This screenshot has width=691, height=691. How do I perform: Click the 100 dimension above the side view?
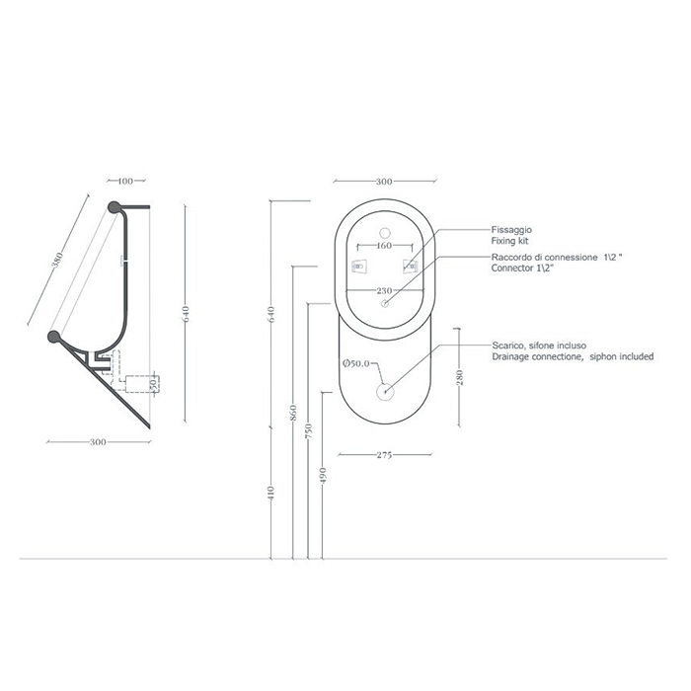[124, 182]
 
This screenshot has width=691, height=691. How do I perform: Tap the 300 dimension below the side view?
[98, 442]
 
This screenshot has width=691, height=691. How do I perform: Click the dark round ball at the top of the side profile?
[115, 207]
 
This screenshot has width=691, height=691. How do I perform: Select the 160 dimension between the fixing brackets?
[385, 245]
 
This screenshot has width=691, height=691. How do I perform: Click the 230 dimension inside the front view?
[385, 290]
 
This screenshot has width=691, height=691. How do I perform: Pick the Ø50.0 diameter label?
[355, 365]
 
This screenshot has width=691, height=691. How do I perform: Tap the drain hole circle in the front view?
[385, 391]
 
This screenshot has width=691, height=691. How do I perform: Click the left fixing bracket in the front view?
[359, 267]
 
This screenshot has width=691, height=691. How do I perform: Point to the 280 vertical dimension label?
[461, 379]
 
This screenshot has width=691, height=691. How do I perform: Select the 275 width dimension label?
[385, 456]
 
